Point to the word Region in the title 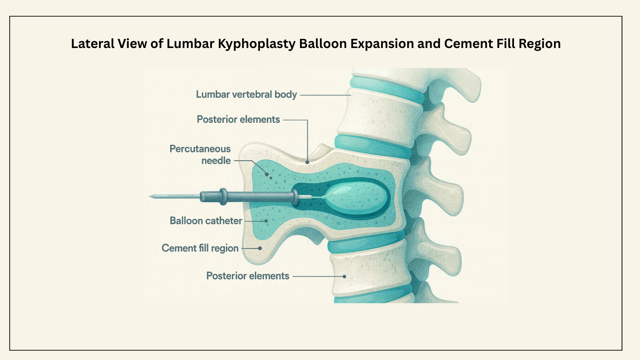pyautogui.click(x=540, y=44)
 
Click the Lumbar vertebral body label pyautogui.click(x=246, y=94)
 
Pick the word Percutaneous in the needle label pyautogui.click(x=200, y=149)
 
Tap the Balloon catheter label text pyautogui.click(x=206, y=221)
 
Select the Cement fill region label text pyautogui.click(x=200, y=248)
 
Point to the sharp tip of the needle pyautogui.click(x=151, y=196)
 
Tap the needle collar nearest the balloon pyautogui.click(x=295, y=197)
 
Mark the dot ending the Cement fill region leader pyautogui.click(x=260, y=248)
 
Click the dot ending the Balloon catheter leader pyautogui.click(x=266, y=221)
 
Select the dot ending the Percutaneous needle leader pyautogui.click(x=267, y=174)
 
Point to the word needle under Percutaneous pyautogui.click(x=216, y=161)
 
